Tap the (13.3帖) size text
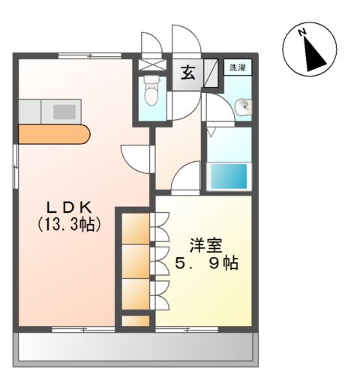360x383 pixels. click(x=69, y=223)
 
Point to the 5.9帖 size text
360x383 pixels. click(x=207, y=264)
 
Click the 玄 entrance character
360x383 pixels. click(x=187, y=73)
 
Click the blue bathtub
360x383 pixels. click(x=228, y=177)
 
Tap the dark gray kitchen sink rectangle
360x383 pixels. click(x=64, y=112)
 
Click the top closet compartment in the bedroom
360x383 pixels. click(x=136, y=228)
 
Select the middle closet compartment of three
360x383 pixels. click(x=136, y=260)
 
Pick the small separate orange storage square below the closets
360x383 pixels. click(x=136, y=322)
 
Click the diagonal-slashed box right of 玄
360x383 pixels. click(x=213, y=74)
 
